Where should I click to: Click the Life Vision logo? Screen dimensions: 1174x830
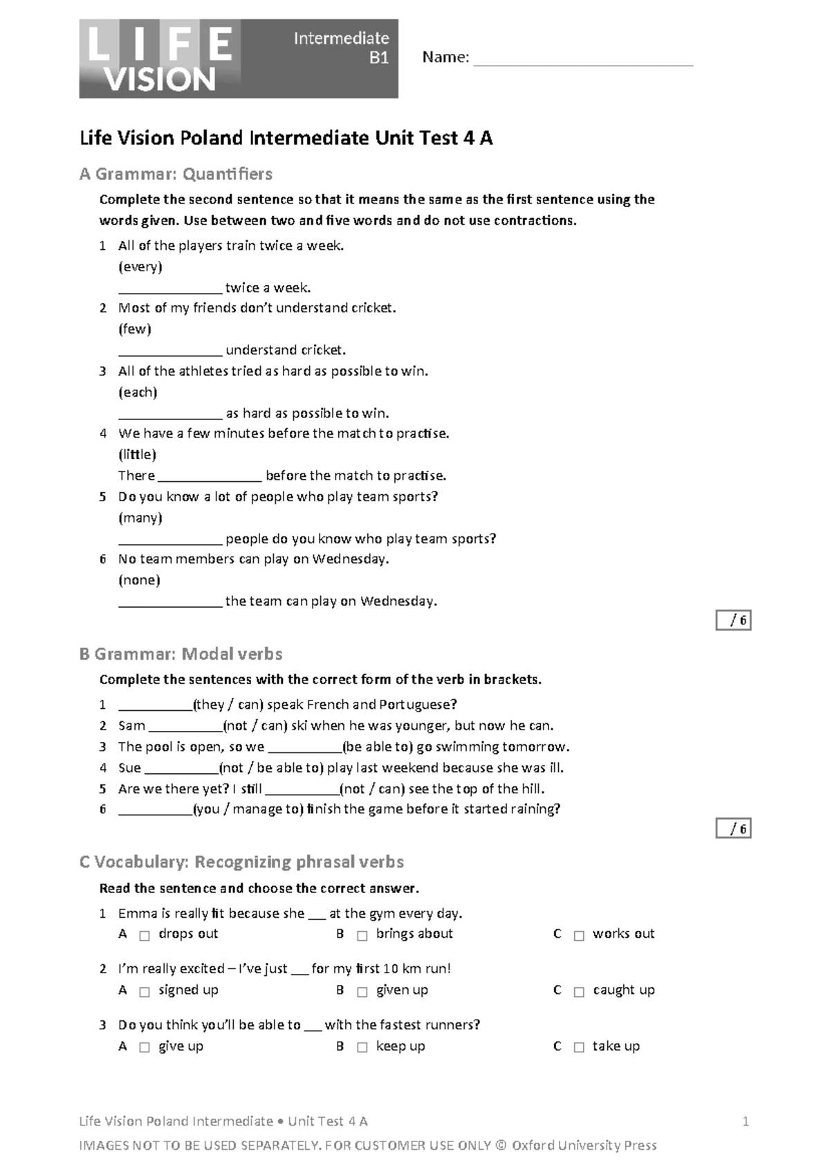(160, 59)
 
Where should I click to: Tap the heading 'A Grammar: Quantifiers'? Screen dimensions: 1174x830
(176, 174)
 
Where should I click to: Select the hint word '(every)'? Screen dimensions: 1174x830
(140, 267)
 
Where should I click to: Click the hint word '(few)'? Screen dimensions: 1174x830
(135, 329)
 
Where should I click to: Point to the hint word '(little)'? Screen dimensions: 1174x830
(138, 454)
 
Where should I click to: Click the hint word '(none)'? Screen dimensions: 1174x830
(139, 580)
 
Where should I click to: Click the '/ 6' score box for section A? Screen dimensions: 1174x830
(734, 620)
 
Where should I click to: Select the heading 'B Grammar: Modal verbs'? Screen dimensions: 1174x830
(181, 654)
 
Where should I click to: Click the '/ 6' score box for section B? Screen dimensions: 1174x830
(734, 829)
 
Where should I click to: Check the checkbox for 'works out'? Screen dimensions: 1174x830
(579, 935)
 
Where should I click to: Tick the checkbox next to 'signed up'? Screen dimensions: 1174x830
(145, 991)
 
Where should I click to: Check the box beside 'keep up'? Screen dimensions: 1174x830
(362, 1047)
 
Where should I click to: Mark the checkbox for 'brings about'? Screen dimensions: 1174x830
(362, 935)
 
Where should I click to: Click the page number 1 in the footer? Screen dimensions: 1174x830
(746, 1121)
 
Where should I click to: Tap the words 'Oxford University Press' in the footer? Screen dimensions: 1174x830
(584, 1146)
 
